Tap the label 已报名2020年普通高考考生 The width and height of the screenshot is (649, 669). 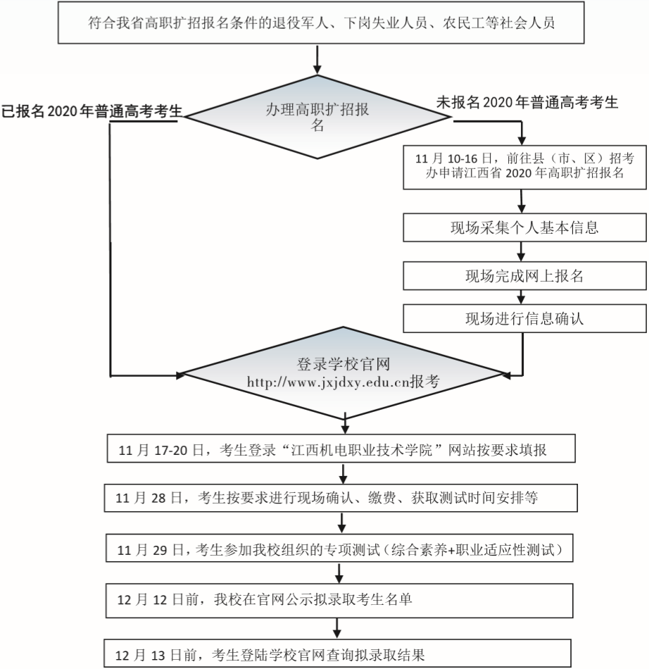click(x=92, y=111)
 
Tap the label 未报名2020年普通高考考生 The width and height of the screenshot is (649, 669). click(x=527, y=103)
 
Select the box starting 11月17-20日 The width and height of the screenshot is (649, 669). click(x=341, y=451)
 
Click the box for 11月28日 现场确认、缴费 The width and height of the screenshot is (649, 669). click(x=341, y=498)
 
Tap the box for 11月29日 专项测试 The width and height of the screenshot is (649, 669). click(x=341, y=548)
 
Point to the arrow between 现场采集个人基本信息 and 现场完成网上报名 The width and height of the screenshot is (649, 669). click(x=522, y=251)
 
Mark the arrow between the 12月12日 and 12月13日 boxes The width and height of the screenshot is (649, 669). click(x=341, y=625)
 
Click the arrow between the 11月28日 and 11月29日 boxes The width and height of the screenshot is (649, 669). click(x=341, y=523)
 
